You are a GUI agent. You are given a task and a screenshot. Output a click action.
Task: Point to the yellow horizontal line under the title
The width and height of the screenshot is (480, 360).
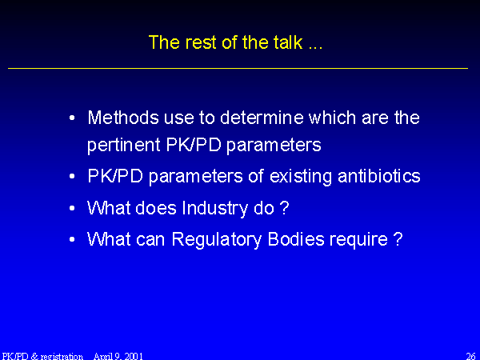(238, 68)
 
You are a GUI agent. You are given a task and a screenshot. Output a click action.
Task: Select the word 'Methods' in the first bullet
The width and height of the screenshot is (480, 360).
(123, 118)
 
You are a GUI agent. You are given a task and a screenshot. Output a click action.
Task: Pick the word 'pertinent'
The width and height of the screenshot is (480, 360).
(124, 145)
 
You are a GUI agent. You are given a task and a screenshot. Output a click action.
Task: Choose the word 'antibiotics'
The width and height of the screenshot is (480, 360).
(379, 176)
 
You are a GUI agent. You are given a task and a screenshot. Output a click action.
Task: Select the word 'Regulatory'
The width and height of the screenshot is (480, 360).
(217, 240)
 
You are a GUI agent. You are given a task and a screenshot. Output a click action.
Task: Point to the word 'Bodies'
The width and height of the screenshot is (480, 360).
(296, 239)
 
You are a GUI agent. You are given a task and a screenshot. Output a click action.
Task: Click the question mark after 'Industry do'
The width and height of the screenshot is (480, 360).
(284, 207)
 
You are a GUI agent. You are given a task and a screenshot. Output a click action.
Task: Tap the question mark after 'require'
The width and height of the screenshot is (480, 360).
(398, 238)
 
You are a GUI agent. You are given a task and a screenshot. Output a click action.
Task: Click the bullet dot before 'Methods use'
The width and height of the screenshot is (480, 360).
(72, 118)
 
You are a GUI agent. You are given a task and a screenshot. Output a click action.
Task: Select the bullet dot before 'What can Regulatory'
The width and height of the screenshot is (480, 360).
(72, 240)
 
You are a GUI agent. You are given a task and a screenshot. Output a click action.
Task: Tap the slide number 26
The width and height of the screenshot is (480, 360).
(470, 356)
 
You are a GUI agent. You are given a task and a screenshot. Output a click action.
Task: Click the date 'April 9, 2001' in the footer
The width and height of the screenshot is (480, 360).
(118, 356)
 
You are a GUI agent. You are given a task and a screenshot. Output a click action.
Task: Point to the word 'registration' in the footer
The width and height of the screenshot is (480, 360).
(62, 356)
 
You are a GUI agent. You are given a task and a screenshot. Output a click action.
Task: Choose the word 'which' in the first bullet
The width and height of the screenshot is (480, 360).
(332, 118)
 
